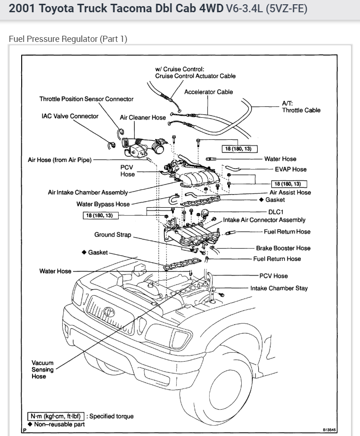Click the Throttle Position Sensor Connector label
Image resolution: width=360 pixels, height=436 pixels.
[86, 99]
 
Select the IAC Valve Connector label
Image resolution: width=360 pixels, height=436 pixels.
[70, 116]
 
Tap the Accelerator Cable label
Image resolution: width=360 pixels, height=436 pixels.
[208, 92]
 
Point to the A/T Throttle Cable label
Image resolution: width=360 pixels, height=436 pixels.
[301, 107]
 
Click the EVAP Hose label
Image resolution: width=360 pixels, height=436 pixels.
[290, 169]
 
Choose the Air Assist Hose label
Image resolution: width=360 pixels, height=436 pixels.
[290, 192]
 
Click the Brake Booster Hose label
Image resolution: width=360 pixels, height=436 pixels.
[283, 248]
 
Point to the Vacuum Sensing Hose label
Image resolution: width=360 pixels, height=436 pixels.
[42, 370]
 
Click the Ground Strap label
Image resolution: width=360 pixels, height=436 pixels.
[113, 234]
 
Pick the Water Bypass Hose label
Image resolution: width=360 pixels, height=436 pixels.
[103, 204]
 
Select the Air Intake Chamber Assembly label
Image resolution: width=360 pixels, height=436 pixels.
[88, 192]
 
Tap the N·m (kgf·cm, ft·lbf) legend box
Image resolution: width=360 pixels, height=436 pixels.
[55, 416]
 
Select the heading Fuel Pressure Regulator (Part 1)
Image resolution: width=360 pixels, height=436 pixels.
[68, 39]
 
